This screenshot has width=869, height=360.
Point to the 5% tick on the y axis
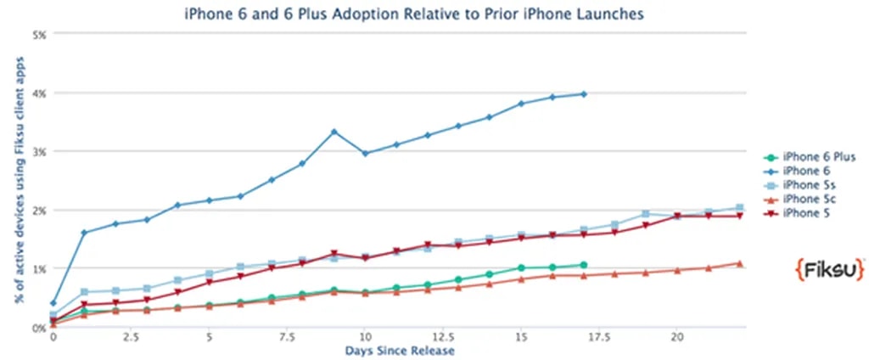click(38, 34)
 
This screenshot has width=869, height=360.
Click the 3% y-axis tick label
click(38, 151)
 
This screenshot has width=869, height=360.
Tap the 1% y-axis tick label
click(38, 268)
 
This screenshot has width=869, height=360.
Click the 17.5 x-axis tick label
click(597, 337)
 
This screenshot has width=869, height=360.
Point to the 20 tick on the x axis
click(676, 337)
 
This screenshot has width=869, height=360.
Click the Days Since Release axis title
click(399, 350)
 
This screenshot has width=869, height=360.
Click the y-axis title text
click(18, 180)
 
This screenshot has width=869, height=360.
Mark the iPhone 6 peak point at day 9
click(334, 132)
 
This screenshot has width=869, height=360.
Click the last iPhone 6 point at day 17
click(584, 93)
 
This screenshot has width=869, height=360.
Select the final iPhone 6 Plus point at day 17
click(584, 265)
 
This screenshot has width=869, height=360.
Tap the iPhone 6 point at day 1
click(84, 232)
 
